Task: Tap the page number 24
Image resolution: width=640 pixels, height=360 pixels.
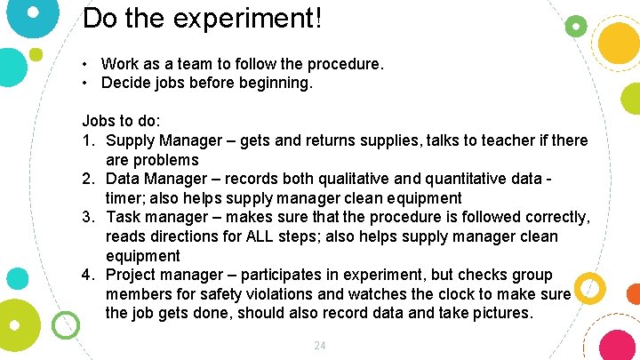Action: tap(320, 345)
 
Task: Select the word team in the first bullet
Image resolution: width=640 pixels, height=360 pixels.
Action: tap(182, 64)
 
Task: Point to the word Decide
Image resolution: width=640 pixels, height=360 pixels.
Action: tap(126, 83)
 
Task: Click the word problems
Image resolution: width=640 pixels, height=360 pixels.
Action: tap(168, 160)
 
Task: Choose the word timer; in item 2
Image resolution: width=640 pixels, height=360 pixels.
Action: tap(127, 198)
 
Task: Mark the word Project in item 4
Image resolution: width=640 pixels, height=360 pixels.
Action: tap(133, 275)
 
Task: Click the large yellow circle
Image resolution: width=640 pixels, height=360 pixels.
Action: tap(620, 41)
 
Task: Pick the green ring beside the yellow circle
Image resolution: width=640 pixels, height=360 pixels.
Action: tap(576, 27)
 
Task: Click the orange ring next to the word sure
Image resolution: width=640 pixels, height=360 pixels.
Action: tap(590, 288)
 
